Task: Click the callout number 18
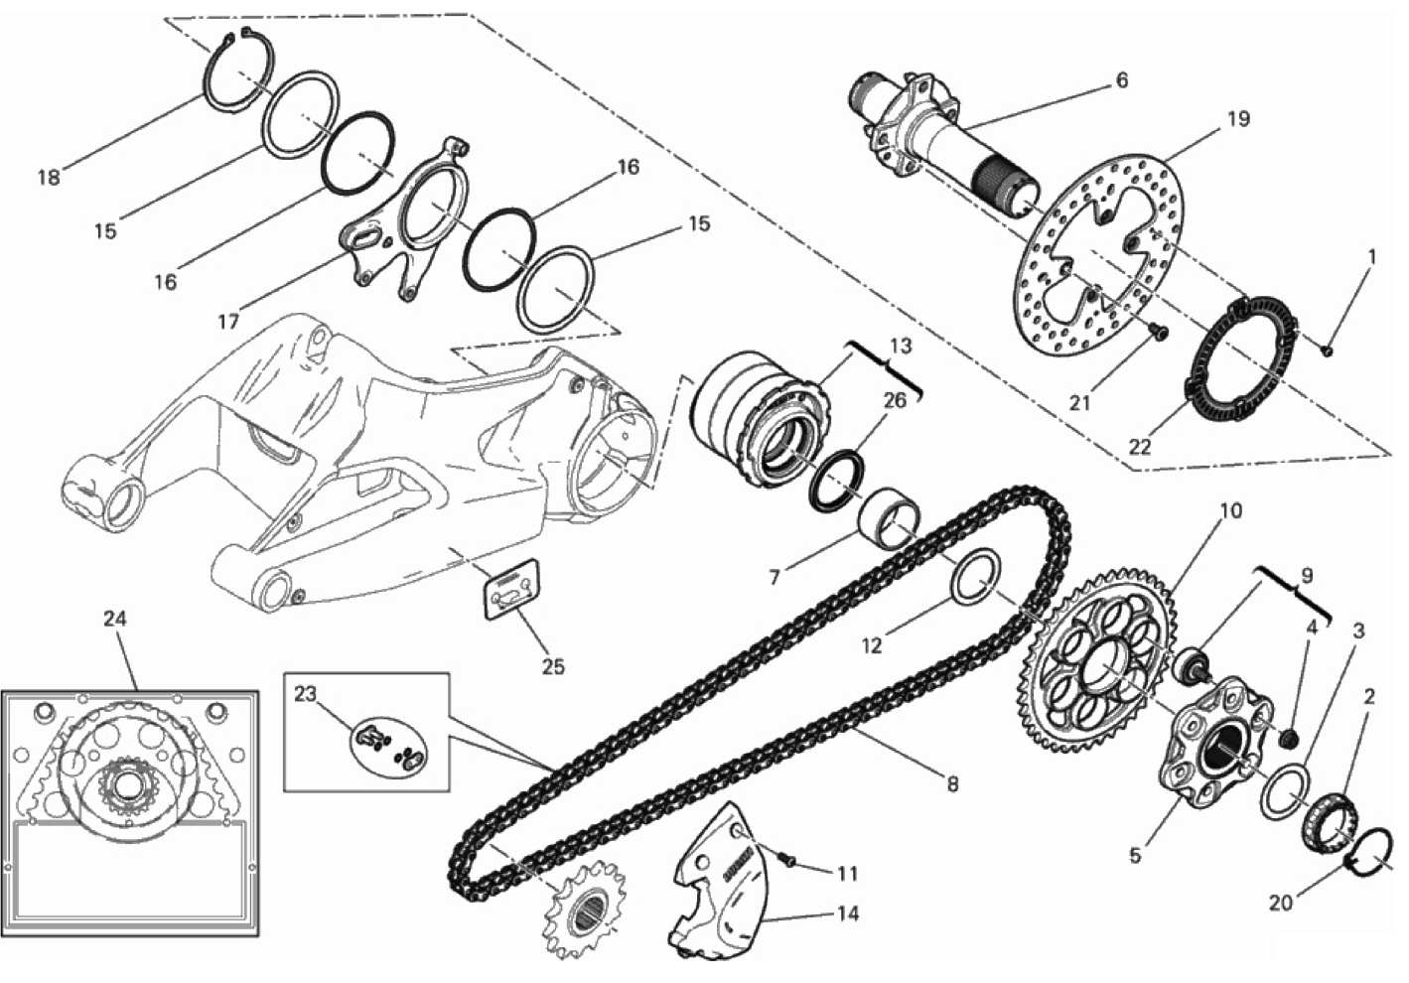point(49,178)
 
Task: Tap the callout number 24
point(115,620)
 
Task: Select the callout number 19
point(1238,119)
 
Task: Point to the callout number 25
point(553,666)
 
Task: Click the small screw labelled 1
point(1328,351)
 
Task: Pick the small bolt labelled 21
point(1159,331)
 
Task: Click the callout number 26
point(895,400)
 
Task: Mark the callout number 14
point(848,913)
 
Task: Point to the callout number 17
point(228,322)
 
